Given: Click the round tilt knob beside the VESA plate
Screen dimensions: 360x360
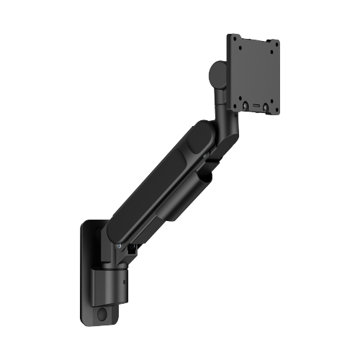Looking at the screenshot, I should (x=215, y=74).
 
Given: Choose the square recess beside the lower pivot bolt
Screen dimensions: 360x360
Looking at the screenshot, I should (x=132, y=251).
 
